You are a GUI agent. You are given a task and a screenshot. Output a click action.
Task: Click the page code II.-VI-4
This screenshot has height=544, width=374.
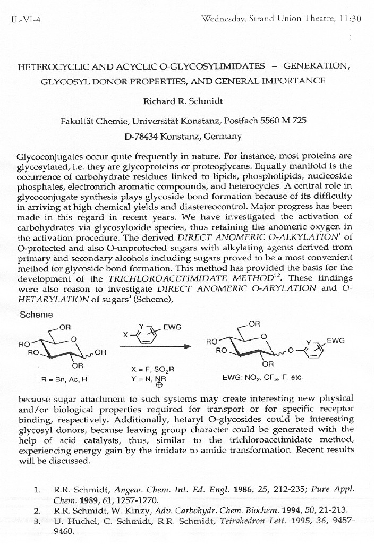tap(22, 19)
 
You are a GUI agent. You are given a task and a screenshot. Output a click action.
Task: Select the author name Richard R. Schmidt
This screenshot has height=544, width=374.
tap(189, 101)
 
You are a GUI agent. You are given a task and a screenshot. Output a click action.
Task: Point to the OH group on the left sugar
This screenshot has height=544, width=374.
tap(100, 352)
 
